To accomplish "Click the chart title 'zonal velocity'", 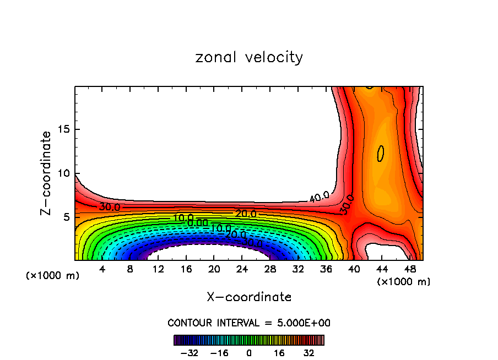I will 249,57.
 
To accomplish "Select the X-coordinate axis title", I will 249,297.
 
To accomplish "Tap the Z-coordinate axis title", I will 47,173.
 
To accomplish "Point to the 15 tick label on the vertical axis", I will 63,129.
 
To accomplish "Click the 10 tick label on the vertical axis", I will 63,173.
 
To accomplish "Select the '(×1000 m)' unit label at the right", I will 404,282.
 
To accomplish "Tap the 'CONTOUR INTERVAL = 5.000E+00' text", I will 249,323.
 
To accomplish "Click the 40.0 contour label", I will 320,197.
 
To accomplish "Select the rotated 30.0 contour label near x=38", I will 347,204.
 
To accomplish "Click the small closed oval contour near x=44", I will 381,153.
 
